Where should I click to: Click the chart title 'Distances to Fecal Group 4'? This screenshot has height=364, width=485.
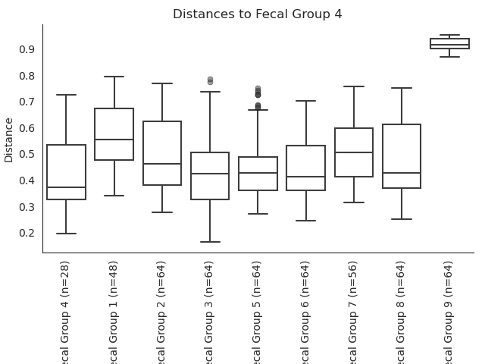tap(258, 14)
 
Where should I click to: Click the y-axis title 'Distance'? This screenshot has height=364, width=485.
tap(9, 140)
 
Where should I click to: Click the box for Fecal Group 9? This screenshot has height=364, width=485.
tap(449, 43)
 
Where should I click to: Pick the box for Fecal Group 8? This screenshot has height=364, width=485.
tap(402, 156)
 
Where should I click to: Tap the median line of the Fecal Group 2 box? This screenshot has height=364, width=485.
tap(162, 164)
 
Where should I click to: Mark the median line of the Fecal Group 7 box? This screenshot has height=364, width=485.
tap(354, 152)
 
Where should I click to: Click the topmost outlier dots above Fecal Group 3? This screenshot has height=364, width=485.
tap(210, 80)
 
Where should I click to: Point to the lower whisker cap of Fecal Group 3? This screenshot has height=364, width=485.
tap(210, 242)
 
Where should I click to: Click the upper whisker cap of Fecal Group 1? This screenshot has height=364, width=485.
tap(114, 77)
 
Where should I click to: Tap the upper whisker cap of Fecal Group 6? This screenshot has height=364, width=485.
tap(306, 101)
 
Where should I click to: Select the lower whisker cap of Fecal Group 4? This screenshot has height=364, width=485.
tap(66, 234)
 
